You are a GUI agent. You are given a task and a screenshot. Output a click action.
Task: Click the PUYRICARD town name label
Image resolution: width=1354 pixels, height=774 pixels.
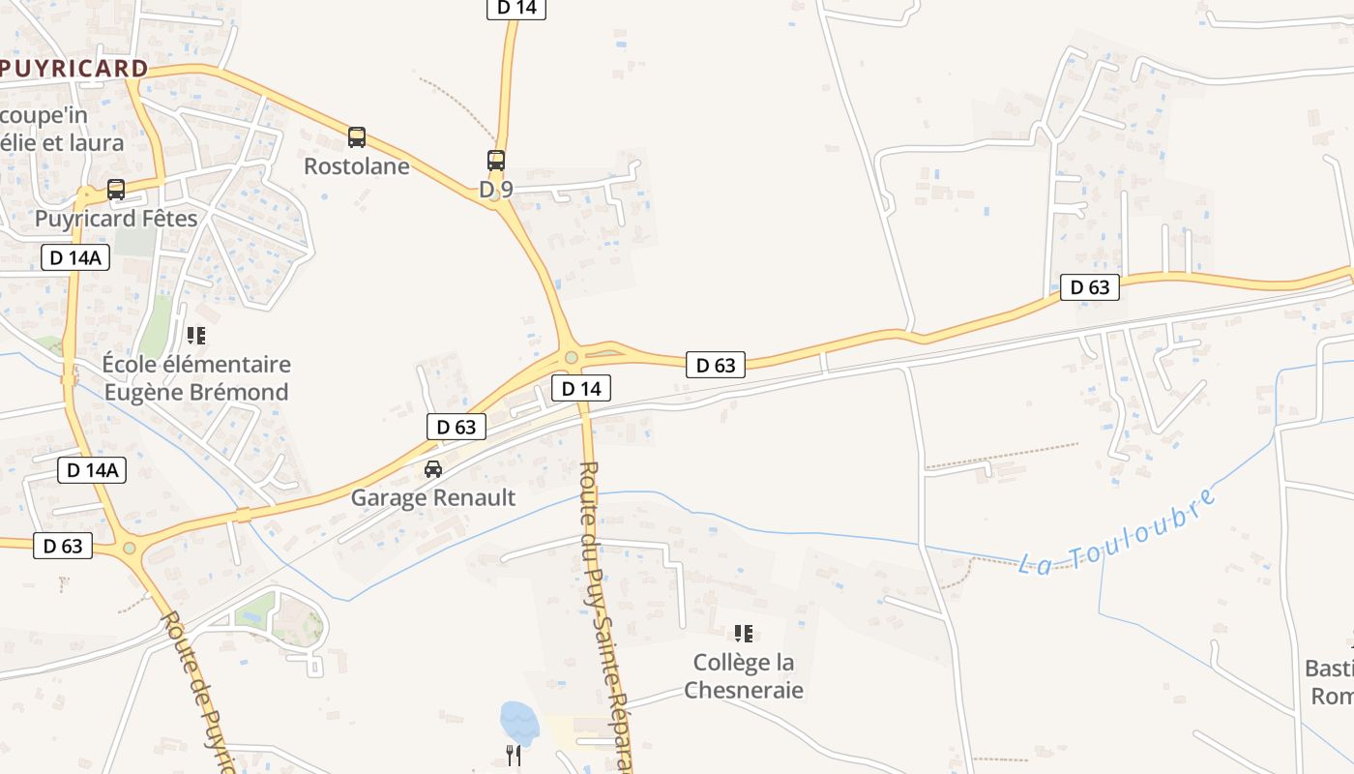pyautogui.click(x=74, y=69)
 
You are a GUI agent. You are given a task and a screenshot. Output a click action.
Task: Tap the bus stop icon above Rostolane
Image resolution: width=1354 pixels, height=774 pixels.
pyautogui.click(x=357, y=137)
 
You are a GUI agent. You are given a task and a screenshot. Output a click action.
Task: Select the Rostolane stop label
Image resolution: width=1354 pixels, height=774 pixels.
pyautogui.click(x=357, y=166)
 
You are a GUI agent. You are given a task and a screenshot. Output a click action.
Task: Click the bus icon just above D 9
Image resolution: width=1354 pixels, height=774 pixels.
pyautogui.click(x=496, y=161)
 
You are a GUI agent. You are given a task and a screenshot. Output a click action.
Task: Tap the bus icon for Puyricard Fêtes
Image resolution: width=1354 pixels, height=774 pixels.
pyautogui.click(x=116, y=190)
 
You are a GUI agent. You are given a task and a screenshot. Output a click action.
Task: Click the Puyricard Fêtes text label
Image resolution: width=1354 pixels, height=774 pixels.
pyautogui.click(x=116, y=219)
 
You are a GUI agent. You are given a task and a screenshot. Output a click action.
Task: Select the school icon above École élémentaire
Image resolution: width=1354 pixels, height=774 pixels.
pyautogui.click(x=196, y=336)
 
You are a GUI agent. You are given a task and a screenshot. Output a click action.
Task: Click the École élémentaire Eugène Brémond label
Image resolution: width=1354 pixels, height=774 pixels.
pyautogui.click(x=196, y=378)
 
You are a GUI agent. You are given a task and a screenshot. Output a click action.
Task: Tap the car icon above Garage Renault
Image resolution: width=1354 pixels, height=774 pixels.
pyautogui.click(x=433, y=469)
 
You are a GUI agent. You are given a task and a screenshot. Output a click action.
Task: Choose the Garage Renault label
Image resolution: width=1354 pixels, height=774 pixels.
pyautogui.click(x=433, y=498)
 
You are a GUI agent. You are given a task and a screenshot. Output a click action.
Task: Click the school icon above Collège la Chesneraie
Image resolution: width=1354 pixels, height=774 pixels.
pyautogui.click(x=744, y=634)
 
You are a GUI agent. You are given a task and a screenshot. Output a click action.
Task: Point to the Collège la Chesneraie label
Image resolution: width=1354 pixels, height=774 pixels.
pyautogui.click(x=744, y=676)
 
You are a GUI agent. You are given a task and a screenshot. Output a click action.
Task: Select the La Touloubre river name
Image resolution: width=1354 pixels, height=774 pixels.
pyautogui.click(x=1118, y=534)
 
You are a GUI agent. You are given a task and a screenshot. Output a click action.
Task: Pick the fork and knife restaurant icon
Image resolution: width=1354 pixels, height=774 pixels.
pyautogui.click(x=514, y=755)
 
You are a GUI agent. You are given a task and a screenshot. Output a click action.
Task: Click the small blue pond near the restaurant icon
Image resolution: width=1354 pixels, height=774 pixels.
pyautogui.click(x=517, y=723)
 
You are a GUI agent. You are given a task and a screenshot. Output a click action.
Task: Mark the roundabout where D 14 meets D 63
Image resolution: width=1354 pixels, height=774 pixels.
pyautogui.click(x=572, y=358)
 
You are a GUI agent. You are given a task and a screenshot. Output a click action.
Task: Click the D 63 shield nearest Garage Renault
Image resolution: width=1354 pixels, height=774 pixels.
pyautogui.click(x=456, y=427)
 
